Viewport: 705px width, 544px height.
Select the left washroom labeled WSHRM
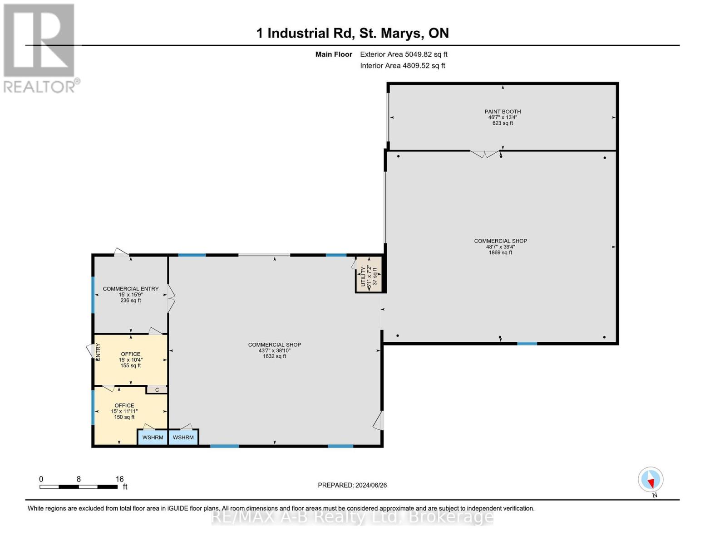click(x=153, y=437)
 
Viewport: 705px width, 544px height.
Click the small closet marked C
click(x=157, y=390)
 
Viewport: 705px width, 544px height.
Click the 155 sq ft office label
click(x=131, y=365)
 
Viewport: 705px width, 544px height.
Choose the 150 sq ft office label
click(x=124, y=417)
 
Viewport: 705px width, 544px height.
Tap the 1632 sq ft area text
click(x=275, y=356)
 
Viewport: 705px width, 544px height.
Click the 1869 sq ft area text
click(x=501, y=253)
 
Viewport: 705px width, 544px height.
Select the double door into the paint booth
click(x=484, y=154)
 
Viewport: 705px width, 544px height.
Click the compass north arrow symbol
click(x=651, y=480)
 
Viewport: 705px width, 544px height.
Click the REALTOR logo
click(x=40, y=48)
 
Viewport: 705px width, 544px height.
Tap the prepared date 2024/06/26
click(x=352, y=485)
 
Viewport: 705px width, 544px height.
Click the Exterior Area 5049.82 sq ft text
click(x=404, y=54)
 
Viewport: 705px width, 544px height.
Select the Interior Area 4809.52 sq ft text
click(x=403, y=66)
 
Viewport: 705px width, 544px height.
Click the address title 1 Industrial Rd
click(x=352, y=33)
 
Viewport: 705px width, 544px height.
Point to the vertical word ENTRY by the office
click(x=98, y=352)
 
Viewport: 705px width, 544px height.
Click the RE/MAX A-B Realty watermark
click(x=352, y=516)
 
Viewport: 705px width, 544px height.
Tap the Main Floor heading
click(x=334, y=54)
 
